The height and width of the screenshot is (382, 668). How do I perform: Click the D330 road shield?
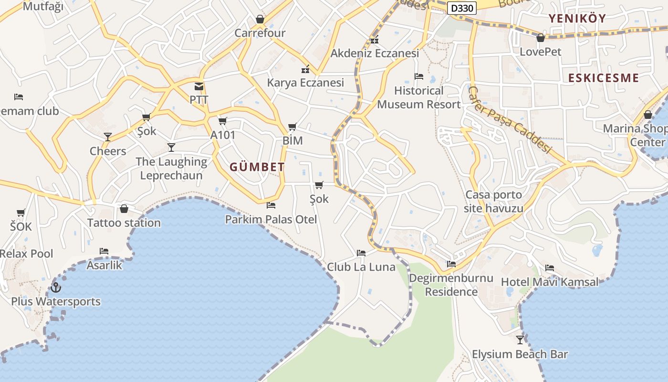(462, 8)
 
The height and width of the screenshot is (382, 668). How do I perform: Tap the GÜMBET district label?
(257, 167)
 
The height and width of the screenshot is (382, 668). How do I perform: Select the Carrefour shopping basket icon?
(260, 19)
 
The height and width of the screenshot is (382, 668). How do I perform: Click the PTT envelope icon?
(199, 86)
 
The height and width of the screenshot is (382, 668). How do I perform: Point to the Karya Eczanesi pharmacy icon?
(305, 69)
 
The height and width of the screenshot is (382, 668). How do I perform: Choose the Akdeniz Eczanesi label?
(375, 53)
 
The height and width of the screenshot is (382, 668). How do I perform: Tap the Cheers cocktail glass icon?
(108, 137)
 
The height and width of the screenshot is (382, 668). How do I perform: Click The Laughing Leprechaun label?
(171, 169)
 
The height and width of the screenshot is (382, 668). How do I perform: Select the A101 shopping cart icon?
(223, 121)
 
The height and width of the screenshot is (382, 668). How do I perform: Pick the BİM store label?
(292, 140)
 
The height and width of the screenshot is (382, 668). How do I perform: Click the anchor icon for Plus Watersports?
(56, 287)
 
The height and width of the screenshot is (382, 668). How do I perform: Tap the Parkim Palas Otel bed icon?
(271, 205)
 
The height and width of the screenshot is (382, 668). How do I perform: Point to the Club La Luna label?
(361, 267)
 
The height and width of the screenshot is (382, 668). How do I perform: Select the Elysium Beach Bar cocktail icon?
(520, 340)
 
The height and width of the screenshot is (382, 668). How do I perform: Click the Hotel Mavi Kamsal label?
(550, 282)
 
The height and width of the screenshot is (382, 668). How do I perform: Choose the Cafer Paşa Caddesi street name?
(509, 119)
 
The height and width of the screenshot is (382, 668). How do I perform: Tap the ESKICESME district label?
(603, 78)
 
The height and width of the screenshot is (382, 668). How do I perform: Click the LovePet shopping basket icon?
(541, 38)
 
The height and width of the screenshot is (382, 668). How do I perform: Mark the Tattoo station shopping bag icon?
(124, 209)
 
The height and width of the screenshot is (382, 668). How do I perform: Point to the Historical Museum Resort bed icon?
(419, 76)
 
